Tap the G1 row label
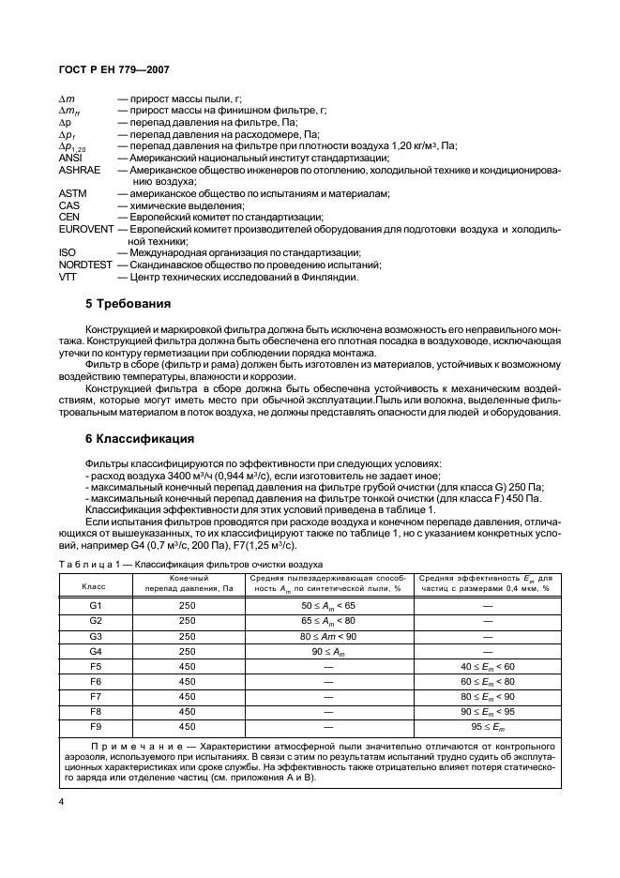[95, 608]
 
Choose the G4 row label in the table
[95, 650]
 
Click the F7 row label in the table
[95, 697]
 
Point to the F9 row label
[95, 726]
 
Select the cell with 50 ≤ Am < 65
[328, 608]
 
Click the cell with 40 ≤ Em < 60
[487, 666]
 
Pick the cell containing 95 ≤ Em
[487, 726]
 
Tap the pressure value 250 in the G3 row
[187, 636]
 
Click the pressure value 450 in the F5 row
[187, 666]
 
